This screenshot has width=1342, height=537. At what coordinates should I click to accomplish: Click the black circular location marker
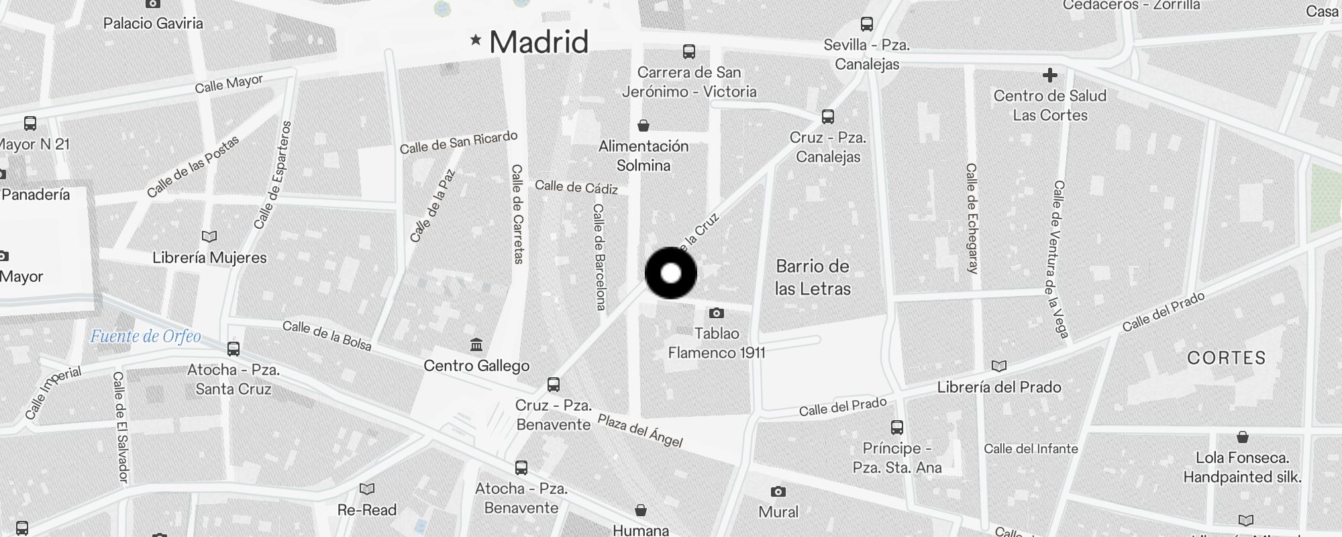[670, 273]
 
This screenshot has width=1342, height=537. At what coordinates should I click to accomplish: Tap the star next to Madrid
[476, 40]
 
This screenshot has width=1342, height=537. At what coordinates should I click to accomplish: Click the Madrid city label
[539, 42]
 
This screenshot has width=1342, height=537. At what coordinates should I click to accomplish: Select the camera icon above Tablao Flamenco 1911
[717, 313]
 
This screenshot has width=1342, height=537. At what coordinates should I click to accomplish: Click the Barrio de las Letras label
[813, 277]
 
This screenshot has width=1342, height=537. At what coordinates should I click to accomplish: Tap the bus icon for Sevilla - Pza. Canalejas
[867, 25]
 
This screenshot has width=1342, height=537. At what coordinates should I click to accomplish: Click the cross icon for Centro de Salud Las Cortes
[1050, 75]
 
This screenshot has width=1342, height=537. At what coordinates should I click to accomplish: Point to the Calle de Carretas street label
[517, 214]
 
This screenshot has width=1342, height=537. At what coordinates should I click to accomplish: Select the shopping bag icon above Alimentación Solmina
[643, 126]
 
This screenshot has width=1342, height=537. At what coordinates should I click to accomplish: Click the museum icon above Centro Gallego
[476, 345]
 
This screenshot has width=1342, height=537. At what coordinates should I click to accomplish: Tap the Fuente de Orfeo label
[146, 336]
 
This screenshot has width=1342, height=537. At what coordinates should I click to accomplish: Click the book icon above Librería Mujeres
[209, 236]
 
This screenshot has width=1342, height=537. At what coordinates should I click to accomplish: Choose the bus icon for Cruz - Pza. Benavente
[554, 385]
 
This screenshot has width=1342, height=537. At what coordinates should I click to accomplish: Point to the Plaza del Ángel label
[640, 431]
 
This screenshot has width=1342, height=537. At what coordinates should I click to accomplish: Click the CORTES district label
[1226, 358]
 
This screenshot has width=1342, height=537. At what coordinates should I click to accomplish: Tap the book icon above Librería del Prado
[999, 366]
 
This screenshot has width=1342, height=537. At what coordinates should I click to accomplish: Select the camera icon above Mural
[778, 491]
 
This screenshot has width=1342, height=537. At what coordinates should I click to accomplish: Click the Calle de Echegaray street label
[971, 218]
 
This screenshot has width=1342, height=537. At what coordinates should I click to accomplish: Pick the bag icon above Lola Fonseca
[1243, 437]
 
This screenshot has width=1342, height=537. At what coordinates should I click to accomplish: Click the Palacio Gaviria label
[153, 23]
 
